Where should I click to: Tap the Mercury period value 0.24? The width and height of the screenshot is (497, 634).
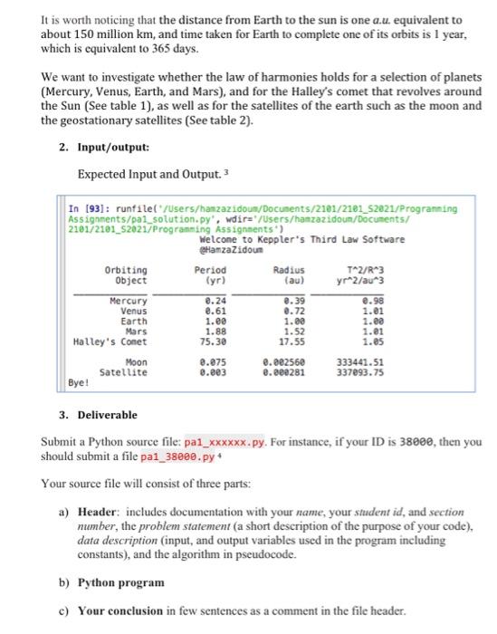(x=214, y=301)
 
